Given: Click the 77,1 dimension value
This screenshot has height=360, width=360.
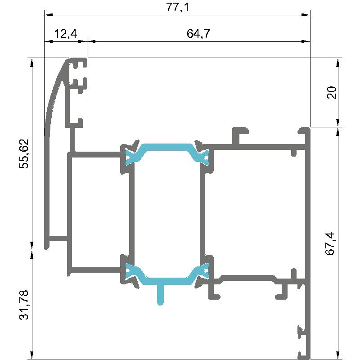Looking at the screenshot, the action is click(x=177, y=7).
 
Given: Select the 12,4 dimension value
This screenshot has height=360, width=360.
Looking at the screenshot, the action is click(x=66, y=34).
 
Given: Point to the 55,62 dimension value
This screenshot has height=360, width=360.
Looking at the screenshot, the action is click(x=24, y=153).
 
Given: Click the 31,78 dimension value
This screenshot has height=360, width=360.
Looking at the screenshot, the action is click(x=24, y=305).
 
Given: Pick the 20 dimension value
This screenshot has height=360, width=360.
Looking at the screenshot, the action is click(x=331, y=93).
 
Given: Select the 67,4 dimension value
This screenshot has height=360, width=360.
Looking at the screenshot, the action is click(x=330, y=243).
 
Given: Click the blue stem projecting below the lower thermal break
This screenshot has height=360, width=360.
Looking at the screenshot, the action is click(x=160, y=295).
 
